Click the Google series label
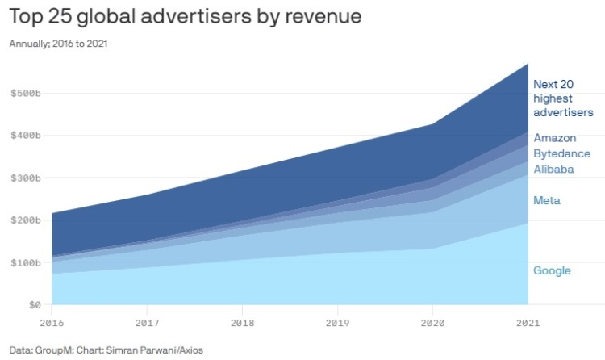pos(552,270)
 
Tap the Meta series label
pos(546,200)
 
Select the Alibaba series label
pos(553,169)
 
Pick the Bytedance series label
pos(561,153)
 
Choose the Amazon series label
pos(554,138)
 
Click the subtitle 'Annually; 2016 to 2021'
pos(58,44)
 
